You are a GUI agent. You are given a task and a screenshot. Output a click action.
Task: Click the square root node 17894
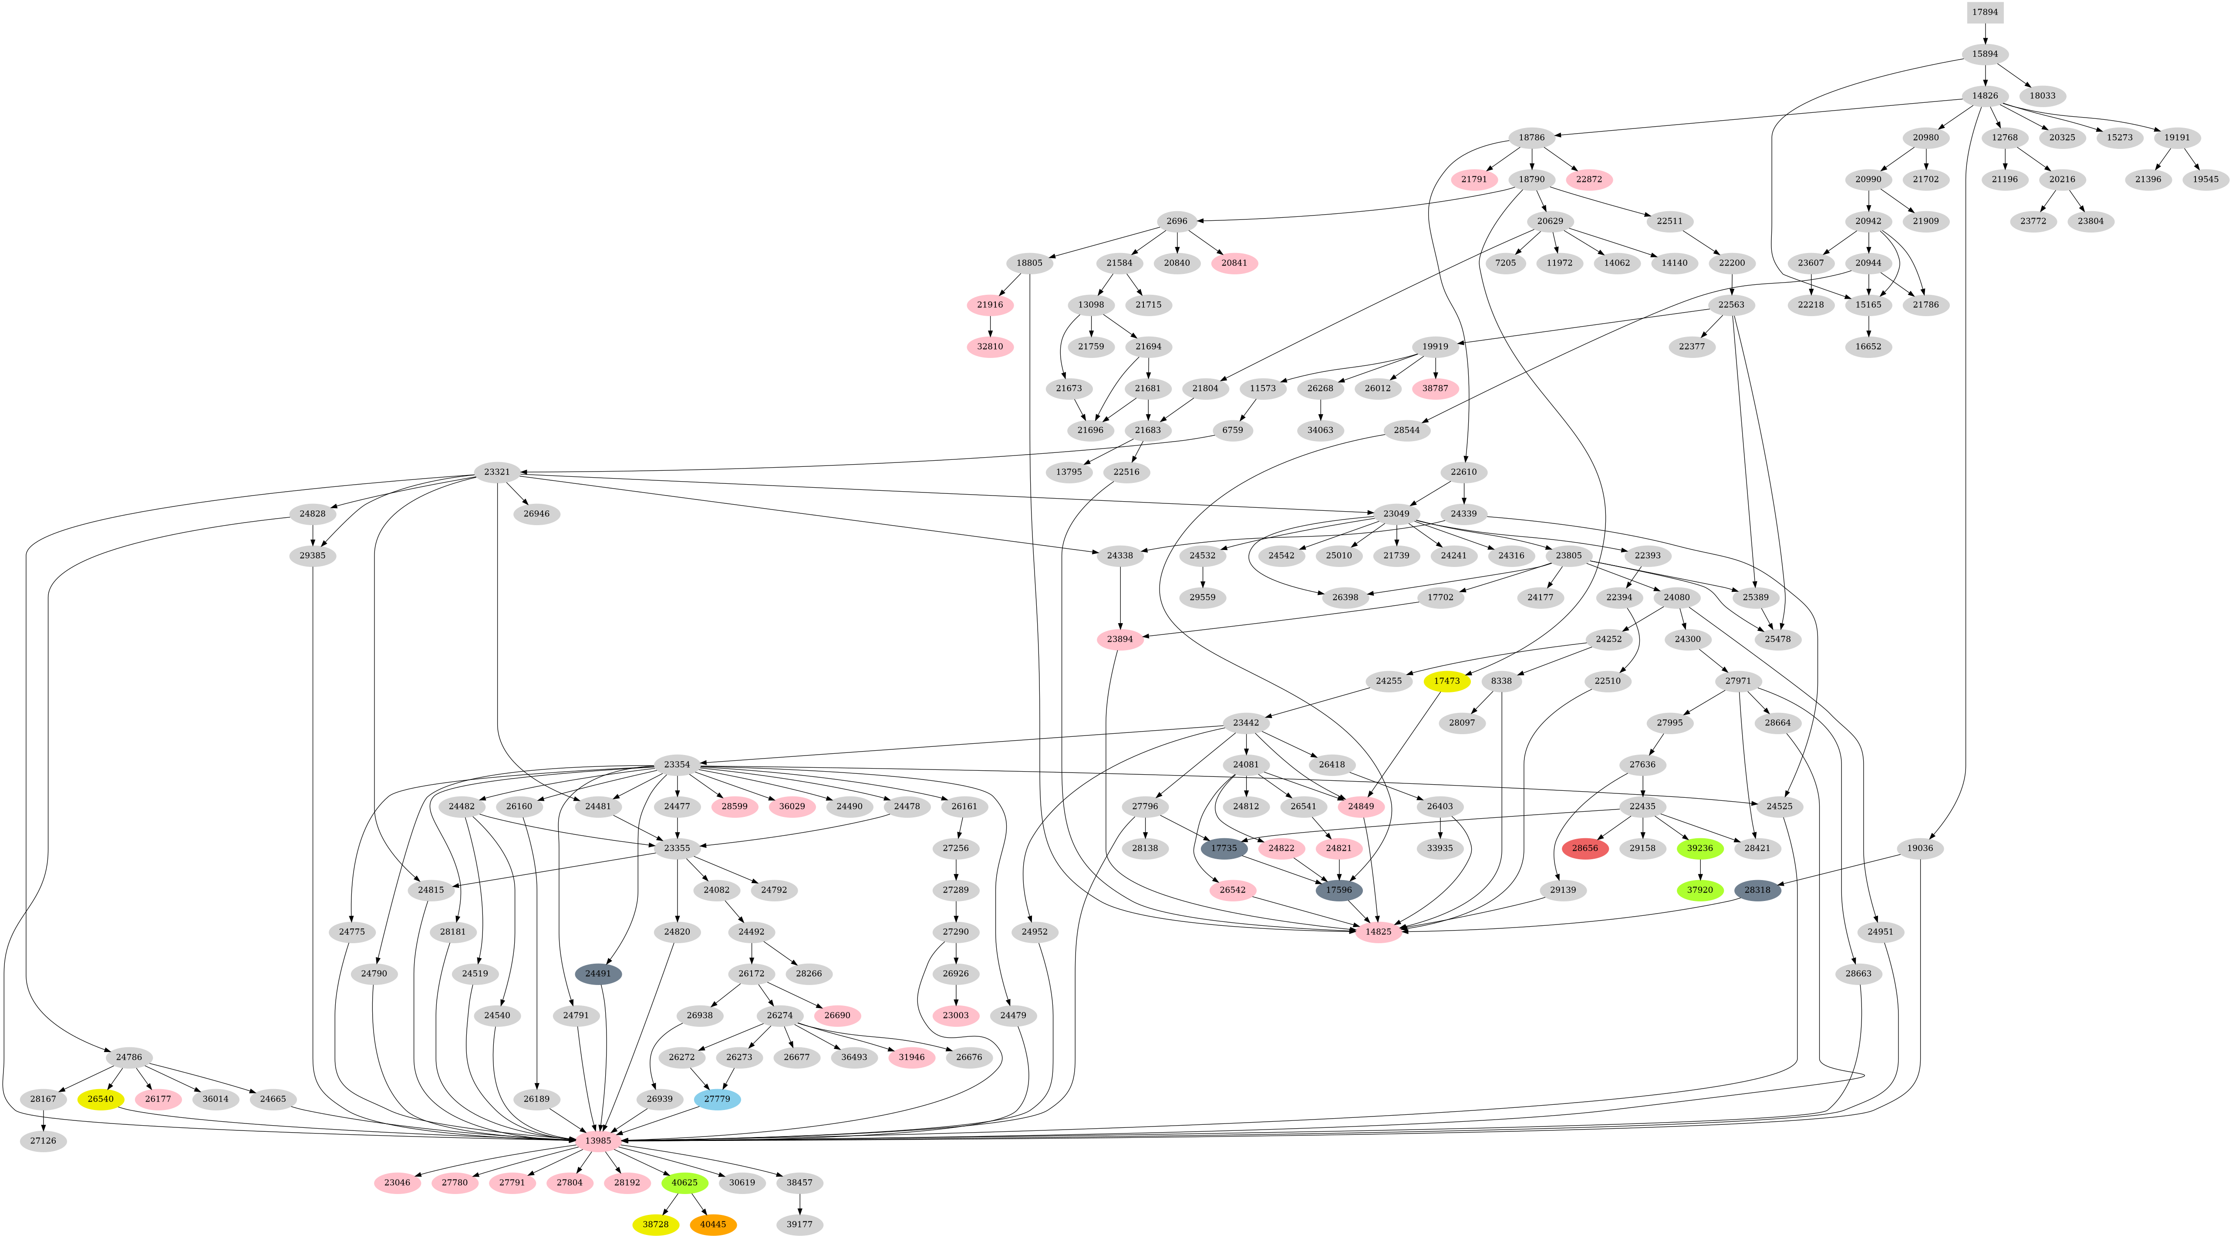point(1984,12)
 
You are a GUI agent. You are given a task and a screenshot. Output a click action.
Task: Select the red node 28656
point(1585,848)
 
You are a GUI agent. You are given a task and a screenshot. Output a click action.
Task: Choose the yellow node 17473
point(1446,681)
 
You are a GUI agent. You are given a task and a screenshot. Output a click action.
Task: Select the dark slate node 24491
point(598,974)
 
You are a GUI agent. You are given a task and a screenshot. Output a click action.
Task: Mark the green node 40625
point(684,1183)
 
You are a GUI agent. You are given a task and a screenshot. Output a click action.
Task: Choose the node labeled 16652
point(1868,347)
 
